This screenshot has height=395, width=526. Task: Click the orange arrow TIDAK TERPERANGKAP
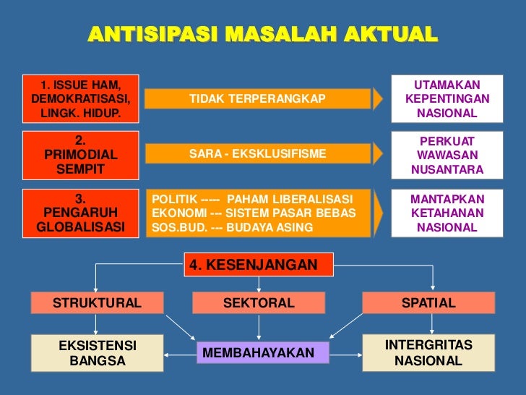tap(258, 98)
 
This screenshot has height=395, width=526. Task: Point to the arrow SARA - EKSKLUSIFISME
tap(258, 154)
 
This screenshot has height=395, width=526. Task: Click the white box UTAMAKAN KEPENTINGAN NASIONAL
tap(447, 99)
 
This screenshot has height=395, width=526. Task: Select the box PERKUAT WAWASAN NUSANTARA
tap(447, 156)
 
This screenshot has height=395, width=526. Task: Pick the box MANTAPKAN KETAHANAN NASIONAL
tap(447, 213)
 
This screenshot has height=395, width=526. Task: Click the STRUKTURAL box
tap(97, 303)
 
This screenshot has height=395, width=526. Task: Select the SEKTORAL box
tap(259, 303)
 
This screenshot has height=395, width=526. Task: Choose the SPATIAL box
tap(428, 303)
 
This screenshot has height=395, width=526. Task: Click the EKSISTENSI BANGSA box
tap(97, 352)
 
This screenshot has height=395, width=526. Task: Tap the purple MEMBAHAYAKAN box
tap(259, 353)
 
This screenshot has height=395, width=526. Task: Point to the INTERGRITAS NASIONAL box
tap(428, 352)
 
